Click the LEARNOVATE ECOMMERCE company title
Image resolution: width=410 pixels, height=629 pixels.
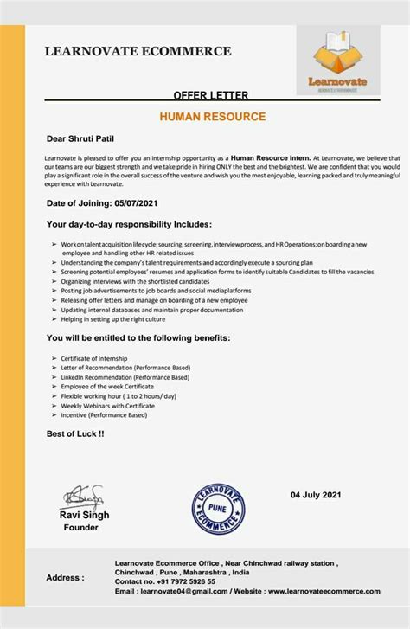click(138, 51)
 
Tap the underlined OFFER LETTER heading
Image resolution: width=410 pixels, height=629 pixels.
click(211, 95)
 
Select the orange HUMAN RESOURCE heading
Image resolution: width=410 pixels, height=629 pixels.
click(212, 116)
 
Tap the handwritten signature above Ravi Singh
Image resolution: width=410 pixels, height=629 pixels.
click(83, 497)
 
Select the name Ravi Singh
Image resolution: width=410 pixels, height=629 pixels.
click(84, 515)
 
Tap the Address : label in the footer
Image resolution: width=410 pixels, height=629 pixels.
click(65, 577)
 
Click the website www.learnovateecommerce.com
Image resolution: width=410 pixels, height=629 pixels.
click(323, 592)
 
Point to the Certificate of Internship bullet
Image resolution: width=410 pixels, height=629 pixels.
click(94, 358)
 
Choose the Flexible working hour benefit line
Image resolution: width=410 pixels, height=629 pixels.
click(119, 396)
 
